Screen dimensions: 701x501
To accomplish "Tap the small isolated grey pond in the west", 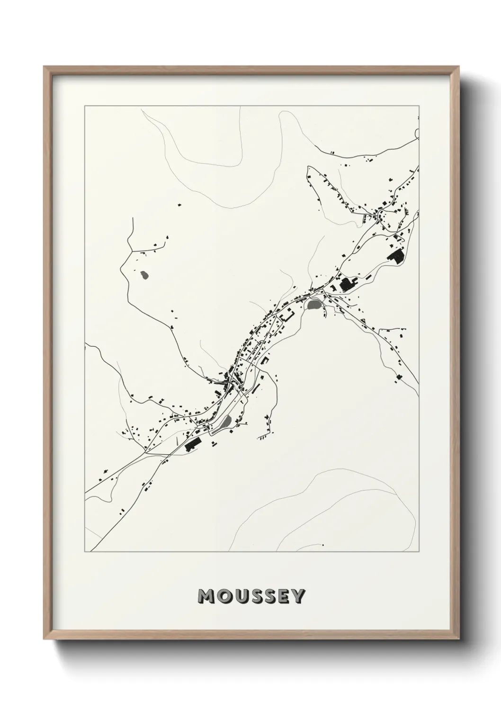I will pos(144,274).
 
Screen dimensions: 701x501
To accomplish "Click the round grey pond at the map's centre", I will pos(313,305).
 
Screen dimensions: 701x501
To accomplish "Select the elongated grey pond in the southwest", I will pos(226,421).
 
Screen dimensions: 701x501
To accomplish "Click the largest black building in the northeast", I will pos(395,256).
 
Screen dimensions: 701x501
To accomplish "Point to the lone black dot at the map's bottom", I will pos(323,546).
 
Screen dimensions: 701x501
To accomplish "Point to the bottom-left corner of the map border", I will pos(85,552).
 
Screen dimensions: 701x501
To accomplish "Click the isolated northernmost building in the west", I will pos(179,205).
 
